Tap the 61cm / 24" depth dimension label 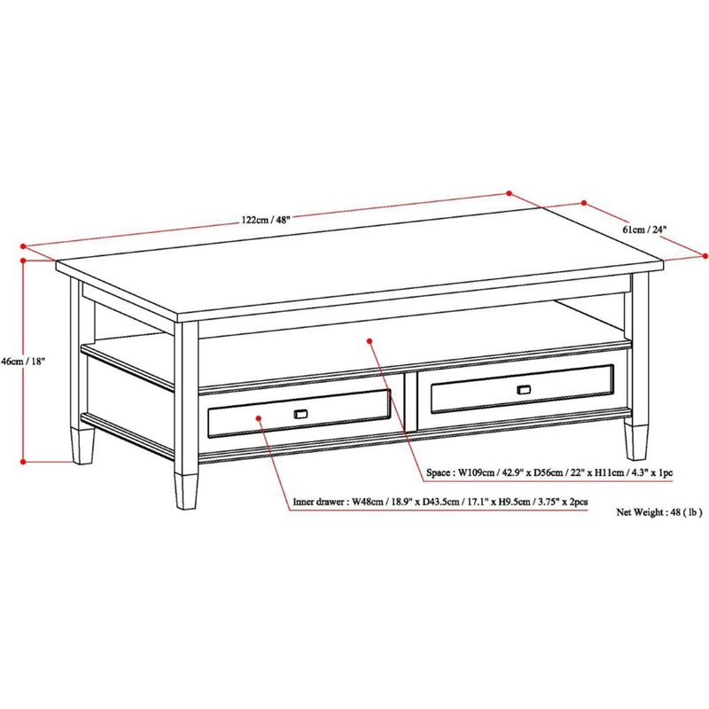[x=644, y=230]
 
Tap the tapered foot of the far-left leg [x=82, y=446]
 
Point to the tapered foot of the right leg [x=635, y=440]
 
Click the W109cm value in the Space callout [x=477, y=474]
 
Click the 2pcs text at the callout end [x=578, y=503]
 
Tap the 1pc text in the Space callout [x=665, y=474]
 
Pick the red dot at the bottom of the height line [x=24, y=461]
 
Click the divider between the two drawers [x=411, y=401]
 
